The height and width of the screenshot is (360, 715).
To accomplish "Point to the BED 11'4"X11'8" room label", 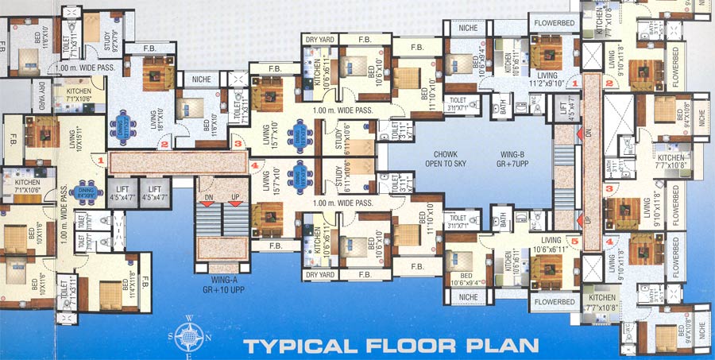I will coord(131,271).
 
